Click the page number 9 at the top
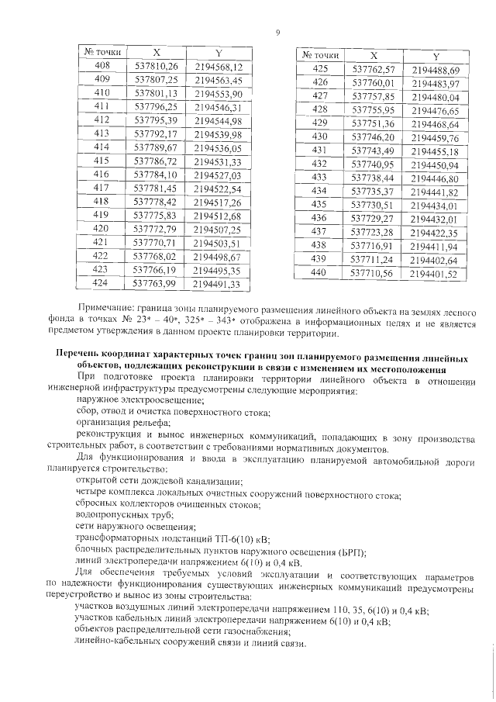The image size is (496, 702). coord(277,32)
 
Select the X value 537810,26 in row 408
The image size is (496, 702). coord(156,66)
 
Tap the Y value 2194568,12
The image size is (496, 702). coord(219,66)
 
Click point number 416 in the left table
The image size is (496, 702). coord(101,175)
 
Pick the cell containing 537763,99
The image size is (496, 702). coord(156,284)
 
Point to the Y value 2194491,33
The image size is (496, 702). coord(219,285)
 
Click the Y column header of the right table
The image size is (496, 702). coord(436,57)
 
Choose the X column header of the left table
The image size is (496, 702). coord(156,52)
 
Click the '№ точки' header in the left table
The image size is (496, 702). coord(101,52)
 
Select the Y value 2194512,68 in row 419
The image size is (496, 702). coord(219,215)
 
